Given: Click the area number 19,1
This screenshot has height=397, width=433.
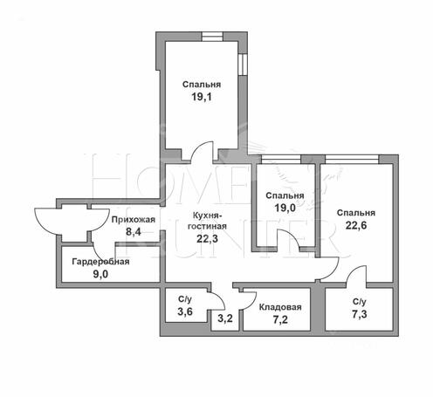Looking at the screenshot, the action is [202, 97].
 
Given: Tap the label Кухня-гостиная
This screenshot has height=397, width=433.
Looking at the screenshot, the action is [207, 221].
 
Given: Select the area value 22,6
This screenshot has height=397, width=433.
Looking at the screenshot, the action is [356, 225].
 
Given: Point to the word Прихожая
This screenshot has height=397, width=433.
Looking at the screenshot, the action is [134, 220].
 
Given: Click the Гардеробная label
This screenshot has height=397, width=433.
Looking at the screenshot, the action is [100, 262].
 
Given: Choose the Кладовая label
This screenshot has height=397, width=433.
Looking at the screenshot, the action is [280, 307].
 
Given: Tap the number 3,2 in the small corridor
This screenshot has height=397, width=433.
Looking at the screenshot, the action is [225, 318].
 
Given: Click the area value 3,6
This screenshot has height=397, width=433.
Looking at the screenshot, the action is [185, 311].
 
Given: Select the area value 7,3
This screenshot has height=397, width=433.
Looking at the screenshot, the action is [360, 314].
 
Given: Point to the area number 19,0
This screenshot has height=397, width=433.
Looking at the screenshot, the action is [285, 208].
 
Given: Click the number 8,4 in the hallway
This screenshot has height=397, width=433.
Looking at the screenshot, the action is [134, 232].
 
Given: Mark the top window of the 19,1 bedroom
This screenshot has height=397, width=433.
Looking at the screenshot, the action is [212, 37].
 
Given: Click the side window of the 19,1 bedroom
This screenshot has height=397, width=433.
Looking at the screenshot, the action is [243, 65].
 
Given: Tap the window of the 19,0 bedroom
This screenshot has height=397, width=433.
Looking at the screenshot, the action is [281, 160].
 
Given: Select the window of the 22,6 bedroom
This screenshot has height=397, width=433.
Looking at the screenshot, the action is [352, 160].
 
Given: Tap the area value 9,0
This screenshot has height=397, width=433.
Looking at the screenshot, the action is [100, 274].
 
